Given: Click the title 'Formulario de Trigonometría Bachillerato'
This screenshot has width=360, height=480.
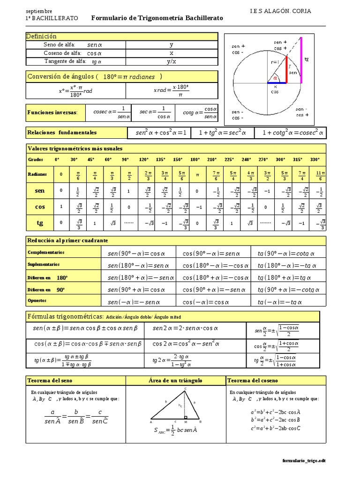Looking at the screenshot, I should click(x=157, y=18).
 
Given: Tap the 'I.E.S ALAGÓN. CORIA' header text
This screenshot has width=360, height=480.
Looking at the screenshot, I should click(x=281, y=11).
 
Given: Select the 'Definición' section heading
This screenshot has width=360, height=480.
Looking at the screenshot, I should click(x=41, y=36).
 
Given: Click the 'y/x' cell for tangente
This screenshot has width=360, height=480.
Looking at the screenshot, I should click(x=172, y=61).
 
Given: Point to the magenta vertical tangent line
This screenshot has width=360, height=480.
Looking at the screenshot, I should click(x=300, y=60).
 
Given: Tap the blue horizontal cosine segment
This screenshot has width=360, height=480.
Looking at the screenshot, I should click(x=277, y=83).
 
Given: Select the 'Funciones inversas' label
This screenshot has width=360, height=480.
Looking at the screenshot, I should click(x=52, y=112).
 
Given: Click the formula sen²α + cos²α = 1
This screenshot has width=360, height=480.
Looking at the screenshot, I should click(x=161, y=133).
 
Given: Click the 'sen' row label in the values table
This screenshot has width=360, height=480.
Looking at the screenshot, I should click(x=40, y=191).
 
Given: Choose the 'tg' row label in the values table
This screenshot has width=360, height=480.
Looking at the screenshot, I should click(x=40, y=223).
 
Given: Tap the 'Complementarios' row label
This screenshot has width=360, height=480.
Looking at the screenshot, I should click(x=46, y=252).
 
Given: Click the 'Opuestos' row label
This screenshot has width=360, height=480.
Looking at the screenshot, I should click(x=37, y=300).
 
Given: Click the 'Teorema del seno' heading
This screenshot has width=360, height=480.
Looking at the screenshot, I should click(x=50, y=380).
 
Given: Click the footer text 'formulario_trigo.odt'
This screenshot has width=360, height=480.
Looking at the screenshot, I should click(x=304, y=460).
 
